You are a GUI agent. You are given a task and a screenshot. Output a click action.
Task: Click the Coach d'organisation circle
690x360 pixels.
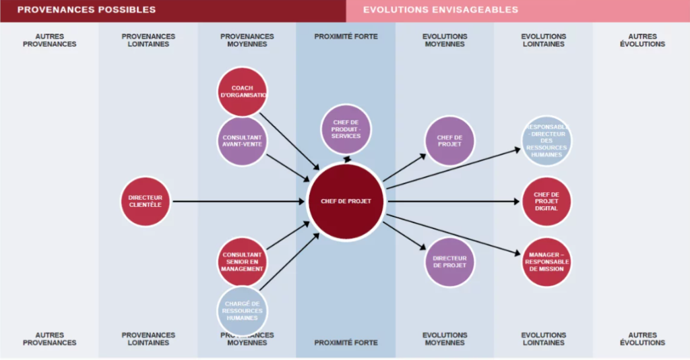(x=242, y=92)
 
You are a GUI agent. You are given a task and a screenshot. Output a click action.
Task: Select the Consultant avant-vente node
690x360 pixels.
(x=242, y=141)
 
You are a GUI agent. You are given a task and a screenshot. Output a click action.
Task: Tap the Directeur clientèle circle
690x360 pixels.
(x=145, y=201)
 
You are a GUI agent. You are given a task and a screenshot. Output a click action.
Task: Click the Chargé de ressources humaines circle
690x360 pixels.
(x=242, y=311)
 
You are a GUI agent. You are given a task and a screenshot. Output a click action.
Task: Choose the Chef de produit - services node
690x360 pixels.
(x=346, y=129)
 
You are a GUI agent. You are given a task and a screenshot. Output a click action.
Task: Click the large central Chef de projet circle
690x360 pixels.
(x=346, y=201)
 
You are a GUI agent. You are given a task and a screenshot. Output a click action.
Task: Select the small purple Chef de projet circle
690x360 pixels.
(x=449, y=141)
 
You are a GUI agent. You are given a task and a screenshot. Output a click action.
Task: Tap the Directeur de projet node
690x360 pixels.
(x=449, y=262)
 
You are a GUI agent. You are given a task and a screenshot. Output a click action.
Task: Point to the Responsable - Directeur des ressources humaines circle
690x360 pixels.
(x=546, y=140)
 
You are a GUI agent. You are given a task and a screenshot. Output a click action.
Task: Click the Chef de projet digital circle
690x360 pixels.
(x=546, y=201)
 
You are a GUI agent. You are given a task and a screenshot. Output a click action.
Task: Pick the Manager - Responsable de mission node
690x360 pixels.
(x=546, y=262)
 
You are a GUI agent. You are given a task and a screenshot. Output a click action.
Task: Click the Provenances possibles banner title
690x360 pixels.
(x=86, y=10)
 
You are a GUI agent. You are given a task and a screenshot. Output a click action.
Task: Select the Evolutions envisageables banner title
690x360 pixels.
(x=441, y=10)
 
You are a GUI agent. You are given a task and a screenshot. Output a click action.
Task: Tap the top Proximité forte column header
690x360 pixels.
(x=346, y=36)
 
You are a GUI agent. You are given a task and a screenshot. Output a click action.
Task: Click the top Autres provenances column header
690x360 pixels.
(x=50, y=40)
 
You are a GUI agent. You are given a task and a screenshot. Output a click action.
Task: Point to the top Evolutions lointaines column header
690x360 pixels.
(x=543, y=40)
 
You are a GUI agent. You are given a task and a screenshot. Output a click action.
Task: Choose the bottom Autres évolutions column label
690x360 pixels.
(x=642, y=338)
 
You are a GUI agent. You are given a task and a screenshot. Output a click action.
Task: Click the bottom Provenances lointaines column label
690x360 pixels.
(x=148, y=338)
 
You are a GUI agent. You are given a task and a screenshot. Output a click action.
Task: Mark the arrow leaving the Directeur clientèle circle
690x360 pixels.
(x=236, y=201)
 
